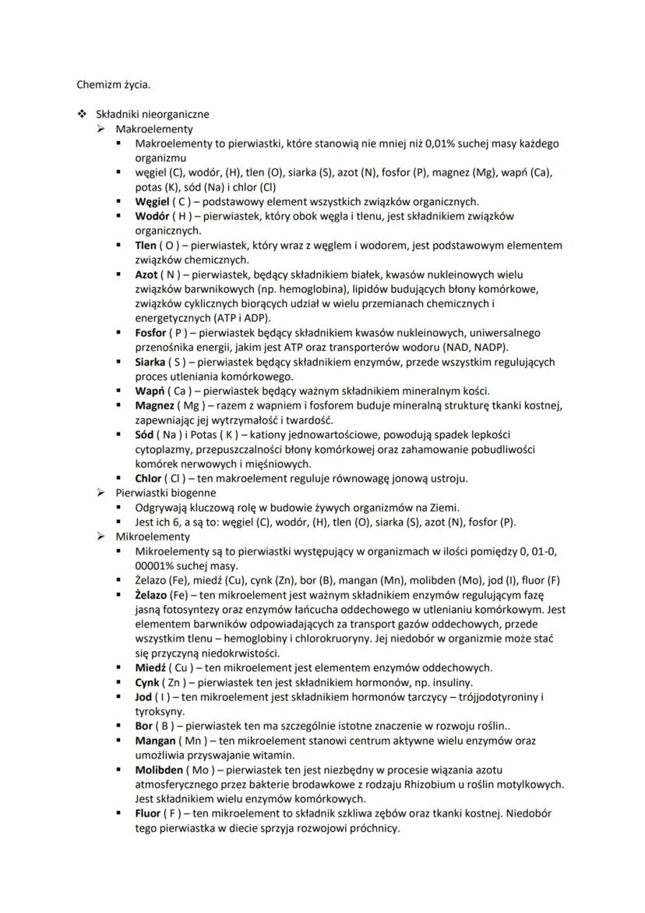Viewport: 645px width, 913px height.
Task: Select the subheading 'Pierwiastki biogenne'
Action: [166, 493]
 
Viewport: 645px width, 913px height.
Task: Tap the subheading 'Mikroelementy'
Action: [153, 536]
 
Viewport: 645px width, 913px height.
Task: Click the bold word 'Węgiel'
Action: [153, 201]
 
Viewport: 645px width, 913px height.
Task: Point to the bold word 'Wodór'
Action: [152, 216]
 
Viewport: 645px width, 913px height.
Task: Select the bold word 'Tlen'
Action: [147, 246]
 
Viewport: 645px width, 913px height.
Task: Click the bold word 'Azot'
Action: [148, 274]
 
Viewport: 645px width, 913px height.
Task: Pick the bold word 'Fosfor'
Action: [151, 333]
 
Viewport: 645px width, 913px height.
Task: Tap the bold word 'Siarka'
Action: [150, 362]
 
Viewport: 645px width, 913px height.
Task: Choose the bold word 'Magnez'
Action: [154, 405]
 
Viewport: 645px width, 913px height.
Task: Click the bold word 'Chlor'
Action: [149, 478]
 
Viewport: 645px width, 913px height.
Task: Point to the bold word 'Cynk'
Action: [148, 682]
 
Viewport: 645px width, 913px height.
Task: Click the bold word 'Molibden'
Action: [158, 770]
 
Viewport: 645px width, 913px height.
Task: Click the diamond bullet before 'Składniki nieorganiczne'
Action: [81, 114]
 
